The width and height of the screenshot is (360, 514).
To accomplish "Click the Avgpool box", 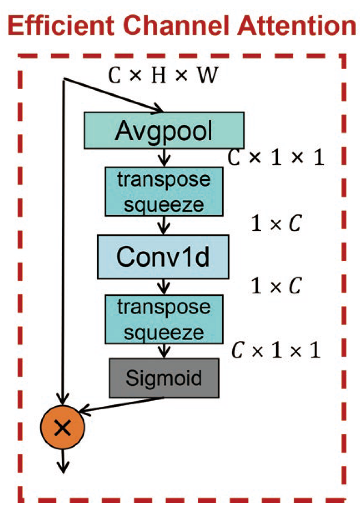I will (164, 131).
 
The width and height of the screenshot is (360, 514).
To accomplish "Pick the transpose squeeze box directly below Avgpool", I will (164, 192).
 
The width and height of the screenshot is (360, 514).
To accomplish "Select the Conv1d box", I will (163, 257).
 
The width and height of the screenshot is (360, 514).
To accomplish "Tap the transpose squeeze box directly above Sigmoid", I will (164, 319).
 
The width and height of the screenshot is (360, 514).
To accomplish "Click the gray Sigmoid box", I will (164, 378).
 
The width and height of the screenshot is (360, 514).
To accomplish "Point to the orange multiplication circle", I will (62, 427).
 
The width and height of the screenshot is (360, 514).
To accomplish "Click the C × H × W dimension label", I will (163, 75).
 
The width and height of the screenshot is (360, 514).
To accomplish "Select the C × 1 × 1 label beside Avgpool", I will (276, 158).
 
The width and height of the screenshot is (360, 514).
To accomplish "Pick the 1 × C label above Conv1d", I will (276, 223).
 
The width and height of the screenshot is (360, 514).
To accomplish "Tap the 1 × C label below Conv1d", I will (276, 286).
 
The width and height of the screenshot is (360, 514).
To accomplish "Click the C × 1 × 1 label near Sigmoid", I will (276, 350).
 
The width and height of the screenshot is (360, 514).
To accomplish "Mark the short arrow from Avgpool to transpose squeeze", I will (164, 158).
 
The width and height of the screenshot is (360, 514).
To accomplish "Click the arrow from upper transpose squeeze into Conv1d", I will (164, 225).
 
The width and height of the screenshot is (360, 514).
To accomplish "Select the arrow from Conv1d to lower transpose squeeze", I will (164, 287).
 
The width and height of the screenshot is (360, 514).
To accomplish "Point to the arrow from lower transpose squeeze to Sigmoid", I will (164, 351).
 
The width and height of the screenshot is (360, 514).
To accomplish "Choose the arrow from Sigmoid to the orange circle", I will (121, 405).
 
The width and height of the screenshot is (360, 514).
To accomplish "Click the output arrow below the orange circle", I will (63, 461).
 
